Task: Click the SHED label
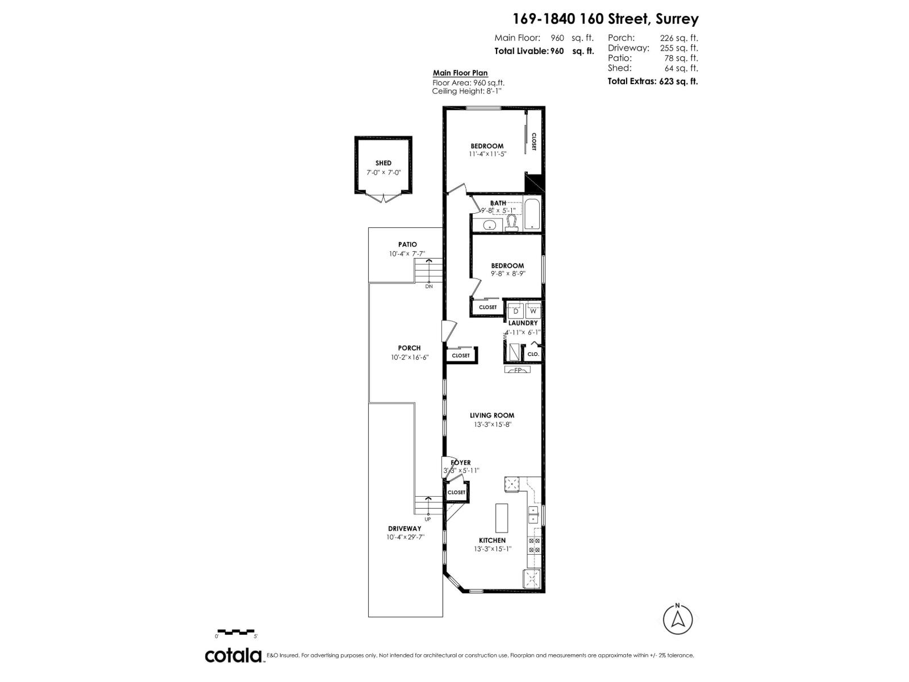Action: (x=383, y=163)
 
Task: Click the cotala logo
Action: (x=233, y=655)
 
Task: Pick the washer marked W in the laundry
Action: (x=533, y=311)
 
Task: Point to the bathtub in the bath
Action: (x=532, y=214)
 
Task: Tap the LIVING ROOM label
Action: (x=491, y=415)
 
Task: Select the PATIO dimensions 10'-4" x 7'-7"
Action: (x=407, y=254)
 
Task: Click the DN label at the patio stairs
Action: (x=429, y=286)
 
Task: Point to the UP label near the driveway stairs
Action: (x=428, y=519)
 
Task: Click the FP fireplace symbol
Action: (x=518, y=371)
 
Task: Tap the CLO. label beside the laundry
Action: (x=533, y=354)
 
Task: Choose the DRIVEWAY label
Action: (x=405, y=529)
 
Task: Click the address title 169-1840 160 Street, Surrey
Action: (x=606, y=19)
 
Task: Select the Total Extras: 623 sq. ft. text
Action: (x=653, y=81)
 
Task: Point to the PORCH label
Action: (x=409, y=348)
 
